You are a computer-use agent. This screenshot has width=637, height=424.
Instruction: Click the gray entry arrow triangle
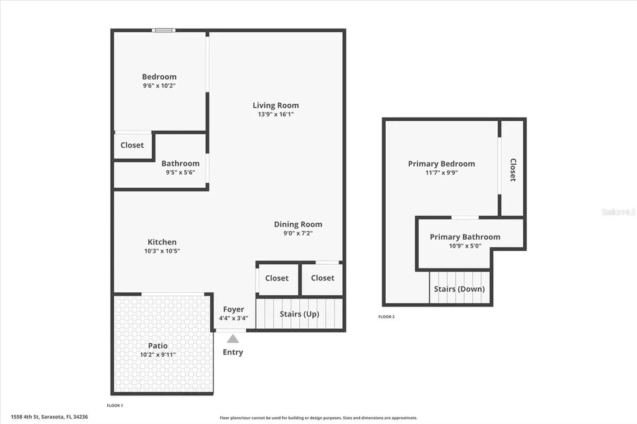pyautogui.click(x=233, y=339)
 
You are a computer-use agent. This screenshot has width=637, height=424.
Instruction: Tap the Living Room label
pyautogui.click(x=276, y=105)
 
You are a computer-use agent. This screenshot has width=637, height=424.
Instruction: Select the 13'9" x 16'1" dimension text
pyautogui.click(x=276, y=114)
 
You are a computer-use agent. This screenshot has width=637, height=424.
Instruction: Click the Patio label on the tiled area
pyautogui.click(x=157, y=346)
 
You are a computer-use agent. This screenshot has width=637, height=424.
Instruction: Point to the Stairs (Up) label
pyautogui.click(x=299, y=314)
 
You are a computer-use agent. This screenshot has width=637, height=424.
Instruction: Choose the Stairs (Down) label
pyautogui.click(x=459, y=289)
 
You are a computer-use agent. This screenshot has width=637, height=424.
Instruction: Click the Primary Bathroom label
pyautogui.click(x=465, y=237)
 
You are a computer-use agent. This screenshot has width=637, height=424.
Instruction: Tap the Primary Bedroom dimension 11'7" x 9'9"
pyautogui.click(x=441, y=173)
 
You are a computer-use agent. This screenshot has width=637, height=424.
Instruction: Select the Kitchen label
pyautogui.click(x=162, y=242)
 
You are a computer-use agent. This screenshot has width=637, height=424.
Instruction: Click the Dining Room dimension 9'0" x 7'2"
pyautogui.click(x=298, y=234)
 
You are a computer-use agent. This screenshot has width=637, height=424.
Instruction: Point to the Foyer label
pyautogui.click(x=233, y=309)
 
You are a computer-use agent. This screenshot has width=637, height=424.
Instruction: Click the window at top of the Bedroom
pyautogui.click(x=164, y=30)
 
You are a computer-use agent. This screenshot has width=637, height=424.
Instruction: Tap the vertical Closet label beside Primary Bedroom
pyautogui.click(x=513, y=170)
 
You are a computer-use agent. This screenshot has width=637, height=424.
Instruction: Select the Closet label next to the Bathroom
pyautogui.click(x=132, y=145)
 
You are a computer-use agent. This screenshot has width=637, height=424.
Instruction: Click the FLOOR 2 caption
pyautogui.click(x=386, y=316)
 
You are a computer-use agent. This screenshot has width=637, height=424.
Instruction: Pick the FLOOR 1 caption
pyautogui.click(x=115, y=405)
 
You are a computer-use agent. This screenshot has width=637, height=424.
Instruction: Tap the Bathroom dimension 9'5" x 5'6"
pyautogui.click(x=180, y=172)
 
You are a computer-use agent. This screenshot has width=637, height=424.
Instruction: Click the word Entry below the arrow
pyautogui.click(x=233, y=352)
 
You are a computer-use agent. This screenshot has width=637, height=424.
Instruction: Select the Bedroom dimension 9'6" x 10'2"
pyautogui.click(x=159, y=86)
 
